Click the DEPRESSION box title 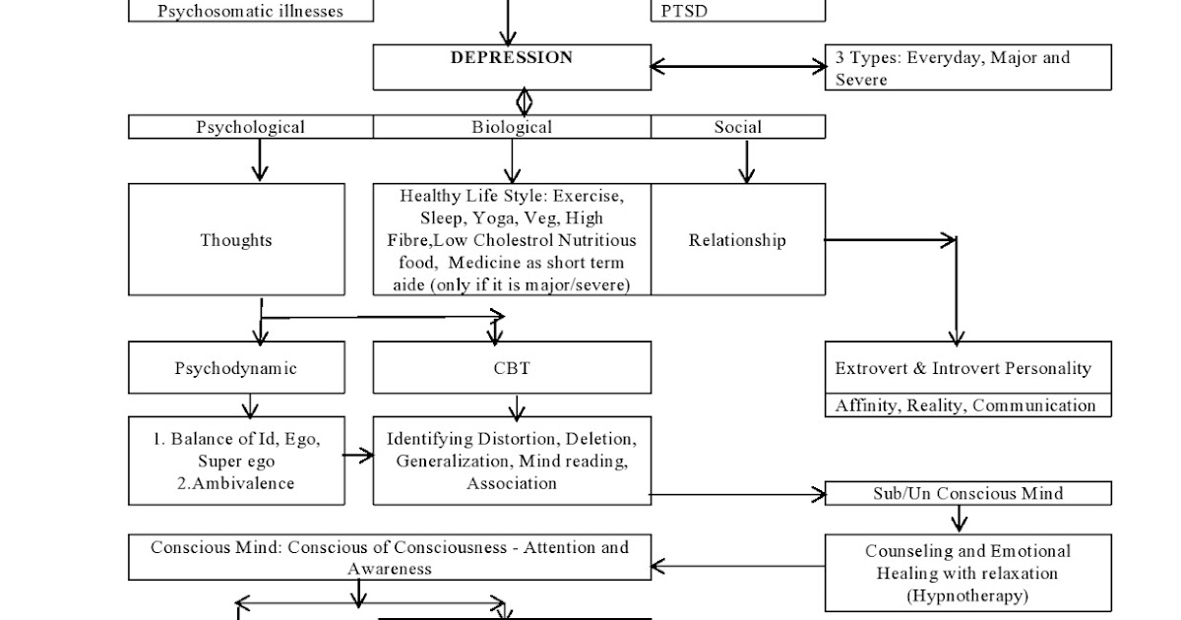511,58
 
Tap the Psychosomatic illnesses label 250,12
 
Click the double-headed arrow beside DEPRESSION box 737,67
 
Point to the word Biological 511,127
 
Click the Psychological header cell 250,127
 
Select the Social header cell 737,127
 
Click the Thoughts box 236,240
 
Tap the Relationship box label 737,240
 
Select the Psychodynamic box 236,369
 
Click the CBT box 511,369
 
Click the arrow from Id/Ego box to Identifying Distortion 358,456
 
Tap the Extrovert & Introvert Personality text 963,369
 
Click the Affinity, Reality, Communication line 965,405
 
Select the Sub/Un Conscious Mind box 967,493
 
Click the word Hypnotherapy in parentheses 966,595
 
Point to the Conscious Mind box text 390,557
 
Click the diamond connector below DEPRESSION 524,101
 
